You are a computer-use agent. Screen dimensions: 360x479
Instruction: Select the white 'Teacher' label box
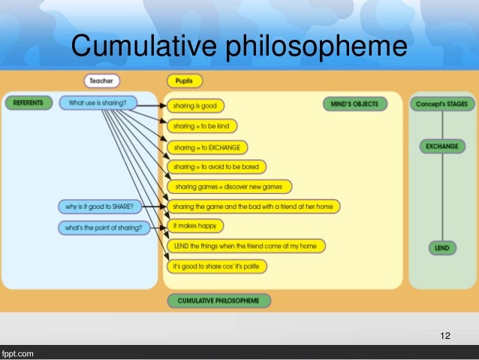(101, 80)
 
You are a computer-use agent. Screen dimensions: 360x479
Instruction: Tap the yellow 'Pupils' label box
(184, 80)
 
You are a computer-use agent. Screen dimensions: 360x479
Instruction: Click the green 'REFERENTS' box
(29, 102)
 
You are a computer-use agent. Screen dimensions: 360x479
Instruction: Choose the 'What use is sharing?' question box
(98, 102)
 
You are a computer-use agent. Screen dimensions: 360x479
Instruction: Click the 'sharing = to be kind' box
(201, 126)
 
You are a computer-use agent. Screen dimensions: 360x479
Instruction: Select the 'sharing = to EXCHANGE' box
(207, 147)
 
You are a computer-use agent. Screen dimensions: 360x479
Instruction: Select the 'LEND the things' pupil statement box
(246, 246)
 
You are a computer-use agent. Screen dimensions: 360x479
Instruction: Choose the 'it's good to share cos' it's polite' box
(219, 266)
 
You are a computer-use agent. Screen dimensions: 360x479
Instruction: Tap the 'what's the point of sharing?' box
(103, 227)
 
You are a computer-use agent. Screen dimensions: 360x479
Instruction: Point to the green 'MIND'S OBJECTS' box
(355, 103)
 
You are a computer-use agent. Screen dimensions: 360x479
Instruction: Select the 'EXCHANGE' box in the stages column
(441, 146)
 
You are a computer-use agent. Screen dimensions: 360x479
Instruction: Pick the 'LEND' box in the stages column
(441, 247)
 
